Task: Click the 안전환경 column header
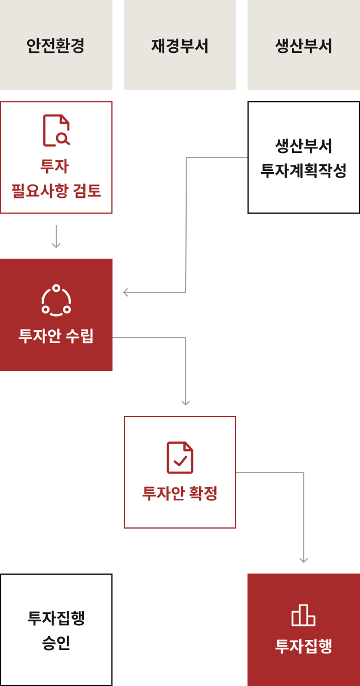click(56, 45)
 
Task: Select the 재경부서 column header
click(180, 45)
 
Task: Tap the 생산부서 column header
click(304, 45)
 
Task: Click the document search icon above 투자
click(56, 130)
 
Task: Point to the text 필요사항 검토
click(56, 191)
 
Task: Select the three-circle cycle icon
click(56, 300)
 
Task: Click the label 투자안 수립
click(56, 336)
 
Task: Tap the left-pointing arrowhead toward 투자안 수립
click(126, 292)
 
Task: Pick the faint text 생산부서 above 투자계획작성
click(304, 146)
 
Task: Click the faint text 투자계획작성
click(304, 170)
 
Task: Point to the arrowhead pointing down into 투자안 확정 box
click(186, 402)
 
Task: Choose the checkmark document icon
click(180, 458)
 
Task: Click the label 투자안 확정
click(180, 493)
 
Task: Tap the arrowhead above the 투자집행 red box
click(304, 559)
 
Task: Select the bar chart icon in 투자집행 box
click(304, 615)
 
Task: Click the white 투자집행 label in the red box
click(304, 646)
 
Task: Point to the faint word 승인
click(56, 643)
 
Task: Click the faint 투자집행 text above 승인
click(56, 618)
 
